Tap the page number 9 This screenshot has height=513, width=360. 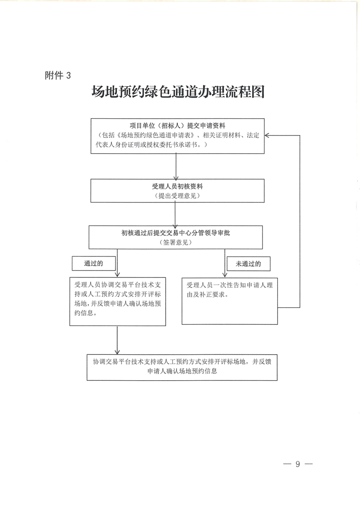298,464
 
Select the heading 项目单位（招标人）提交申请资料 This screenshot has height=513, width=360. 177,126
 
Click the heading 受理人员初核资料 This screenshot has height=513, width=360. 177,186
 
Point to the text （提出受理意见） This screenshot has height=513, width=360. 177,196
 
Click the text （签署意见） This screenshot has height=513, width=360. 176,243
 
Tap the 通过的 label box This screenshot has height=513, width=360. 94,263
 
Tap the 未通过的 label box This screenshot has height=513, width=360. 248,263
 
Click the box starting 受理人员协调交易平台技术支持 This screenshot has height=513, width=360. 117,301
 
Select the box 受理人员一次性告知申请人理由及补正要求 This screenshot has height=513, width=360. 229,301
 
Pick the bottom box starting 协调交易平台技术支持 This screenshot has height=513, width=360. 182,367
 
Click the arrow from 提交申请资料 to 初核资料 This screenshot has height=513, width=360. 176,167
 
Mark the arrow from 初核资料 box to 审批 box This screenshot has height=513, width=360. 176,214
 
